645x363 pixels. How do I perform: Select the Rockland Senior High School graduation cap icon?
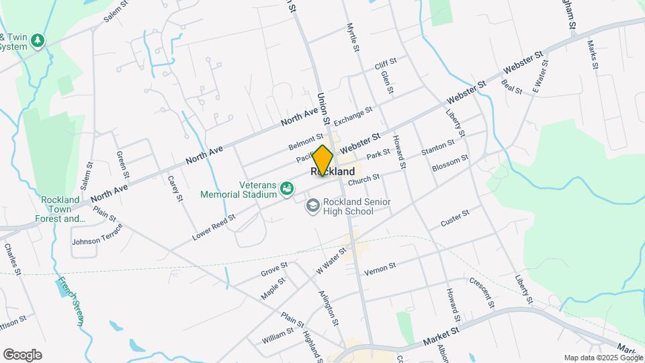click(x=312, y=204)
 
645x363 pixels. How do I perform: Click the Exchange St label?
click(x=353, y=116)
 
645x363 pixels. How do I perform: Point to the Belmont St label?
click(x=306, y=142)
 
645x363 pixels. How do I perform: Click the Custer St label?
click(x=455, y=218)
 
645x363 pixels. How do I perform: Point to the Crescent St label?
click(x=482, y=293)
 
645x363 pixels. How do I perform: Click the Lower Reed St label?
click(x=214, y=227)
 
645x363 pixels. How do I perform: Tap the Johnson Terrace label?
click(x=97, y=236)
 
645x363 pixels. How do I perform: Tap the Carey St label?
click(x=175, y=188)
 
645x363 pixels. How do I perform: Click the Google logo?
click(x=22, y=354)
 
